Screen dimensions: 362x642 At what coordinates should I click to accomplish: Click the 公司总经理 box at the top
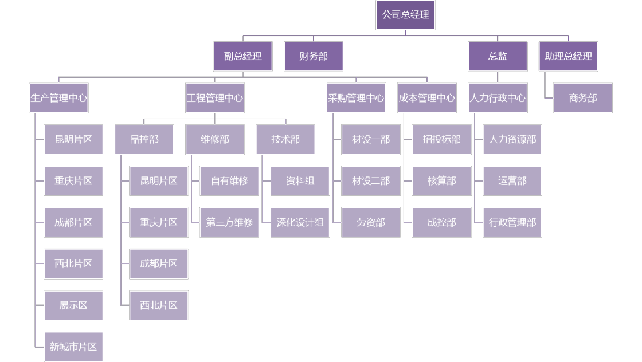pyautogui.click(x=405, y=15)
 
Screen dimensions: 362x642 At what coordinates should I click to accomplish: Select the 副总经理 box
pyautogui.click(x=242, y=56)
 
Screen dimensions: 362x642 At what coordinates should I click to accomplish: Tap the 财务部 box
pyautogui.click(x=314, y=56)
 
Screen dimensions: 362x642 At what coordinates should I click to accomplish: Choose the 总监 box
pyautogui.click(x=498, y=56)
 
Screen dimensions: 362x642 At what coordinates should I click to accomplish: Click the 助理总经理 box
pyautogui.click(x=569, y=56)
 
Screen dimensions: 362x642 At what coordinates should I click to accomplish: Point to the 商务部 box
pyautogui.click(x=583, y=98)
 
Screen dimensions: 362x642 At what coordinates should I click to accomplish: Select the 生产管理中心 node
pyautogui.click(x=58, y=98)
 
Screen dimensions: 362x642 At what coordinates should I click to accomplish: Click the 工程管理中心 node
pyautogui.click(x=214, y=98)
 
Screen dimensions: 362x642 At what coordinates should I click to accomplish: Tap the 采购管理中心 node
pyautogui.click(x=356, y=98)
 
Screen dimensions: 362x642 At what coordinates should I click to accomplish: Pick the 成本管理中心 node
pyautogui.click(x=427, y=98)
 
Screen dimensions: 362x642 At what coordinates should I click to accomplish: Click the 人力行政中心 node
pyautogui.click(x=498, y=98)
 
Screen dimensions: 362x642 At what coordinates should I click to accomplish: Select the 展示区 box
pyautogui.click(x=73, y=305)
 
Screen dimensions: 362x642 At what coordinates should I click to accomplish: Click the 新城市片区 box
pyautogui.click(x=73, y=347)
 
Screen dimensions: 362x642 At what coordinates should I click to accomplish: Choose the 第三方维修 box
pyautogui.click(x=229, y=222)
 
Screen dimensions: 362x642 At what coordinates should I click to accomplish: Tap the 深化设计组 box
pyautogui.click(x=300, y=222)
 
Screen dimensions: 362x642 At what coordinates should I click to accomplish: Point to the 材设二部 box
pyautogui.click(x=371, y=181)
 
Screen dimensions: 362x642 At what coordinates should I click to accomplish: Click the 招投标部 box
pyautogui.click(x=441, y=139)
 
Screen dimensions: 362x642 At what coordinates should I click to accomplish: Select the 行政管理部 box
pyautogui.click(x=512, y=222)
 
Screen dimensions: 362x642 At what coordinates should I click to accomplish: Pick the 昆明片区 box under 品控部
pyautogui.click(x=159, y=181)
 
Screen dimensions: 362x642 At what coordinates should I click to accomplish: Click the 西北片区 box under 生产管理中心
pyautogui.click(x=73, y=264)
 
